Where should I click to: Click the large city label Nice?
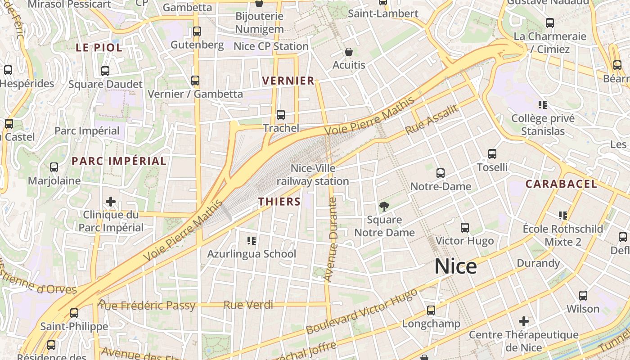coord(455,266)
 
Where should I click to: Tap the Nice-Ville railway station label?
coord(313,175)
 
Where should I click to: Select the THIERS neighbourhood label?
coord(279,201)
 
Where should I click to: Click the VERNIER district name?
coord(288,81)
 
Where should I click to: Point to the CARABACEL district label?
coord(561,184)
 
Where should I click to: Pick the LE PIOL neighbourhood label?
coord(99,47)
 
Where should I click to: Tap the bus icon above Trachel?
coord(281,115)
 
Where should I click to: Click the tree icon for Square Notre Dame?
coord(384,207)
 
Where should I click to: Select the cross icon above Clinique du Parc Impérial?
coord(111,202)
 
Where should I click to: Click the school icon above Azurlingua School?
coord(252,241)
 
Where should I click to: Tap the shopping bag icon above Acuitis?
coord(348,52)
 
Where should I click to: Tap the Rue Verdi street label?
coord(248,305)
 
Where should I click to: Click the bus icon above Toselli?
coord(492,154)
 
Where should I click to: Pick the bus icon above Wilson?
coord(583,296)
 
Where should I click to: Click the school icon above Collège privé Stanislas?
coord(543,105)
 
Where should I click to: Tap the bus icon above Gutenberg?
coord(197,31)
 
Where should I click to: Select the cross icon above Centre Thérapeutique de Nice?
coord(523,321)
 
